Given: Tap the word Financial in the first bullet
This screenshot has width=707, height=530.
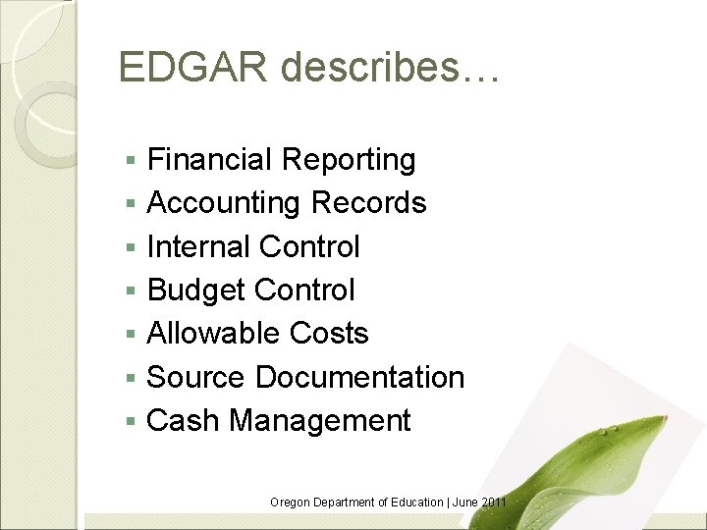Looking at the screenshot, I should point(209,159).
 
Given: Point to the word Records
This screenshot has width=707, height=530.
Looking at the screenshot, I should point(368,203).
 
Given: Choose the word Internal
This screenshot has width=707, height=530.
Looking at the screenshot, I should point(197,246).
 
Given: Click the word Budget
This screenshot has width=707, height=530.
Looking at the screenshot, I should point(195,291).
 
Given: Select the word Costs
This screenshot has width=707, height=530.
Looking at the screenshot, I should point(329,334).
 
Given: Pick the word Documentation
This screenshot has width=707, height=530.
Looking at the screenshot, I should point(360,377).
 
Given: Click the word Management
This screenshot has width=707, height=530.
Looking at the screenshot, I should point(320,421).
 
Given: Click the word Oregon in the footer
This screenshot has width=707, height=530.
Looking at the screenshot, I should point(291,503).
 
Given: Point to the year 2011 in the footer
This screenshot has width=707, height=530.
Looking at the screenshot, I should point(494,503).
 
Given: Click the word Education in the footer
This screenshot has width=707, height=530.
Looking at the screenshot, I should point(414,503).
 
